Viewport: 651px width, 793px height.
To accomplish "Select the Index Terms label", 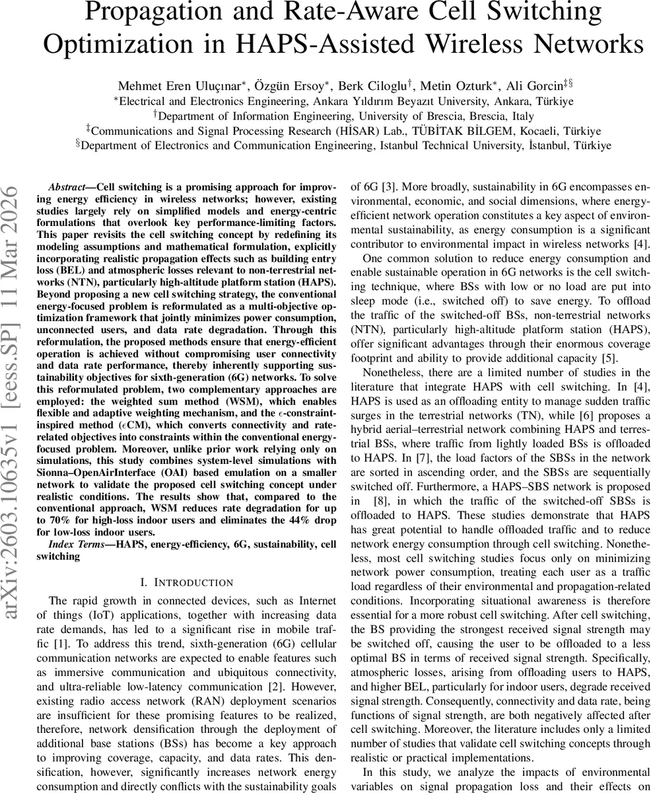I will [x=77, y=544].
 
